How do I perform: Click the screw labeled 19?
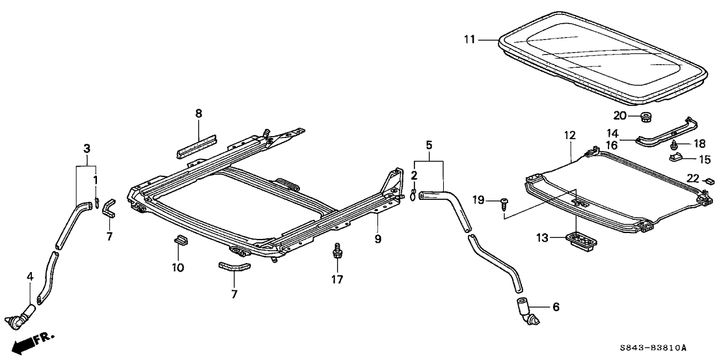pos(505,202)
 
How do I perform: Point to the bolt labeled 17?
pos(337,252)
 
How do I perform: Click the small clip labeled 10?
pos(179,242)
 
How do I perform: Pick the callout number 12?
pos(570,136)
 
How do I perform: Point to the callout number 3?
pos(86,149)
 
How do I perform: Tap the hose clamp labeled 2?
pos(413,193)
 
